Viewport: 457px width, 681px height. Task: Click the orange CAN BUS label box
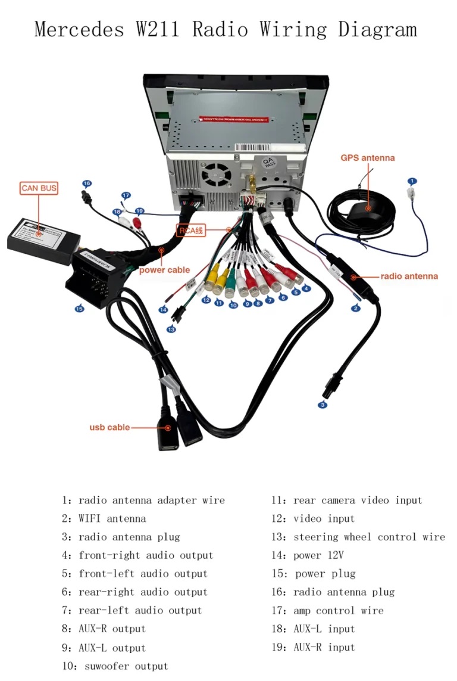point(39,188)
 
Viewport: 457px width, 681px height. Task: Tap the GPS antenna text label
point(367,158)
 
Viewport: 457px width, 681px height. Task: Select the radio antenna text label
point(409,276)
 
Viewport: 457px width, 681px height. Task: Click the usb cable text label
point(109,427)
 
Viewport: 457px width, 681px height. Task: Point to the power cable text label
point(164,270)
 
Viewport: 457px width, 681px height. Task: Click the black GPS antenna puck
point(367,209)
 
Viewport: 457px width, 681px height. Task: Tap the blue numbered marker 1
point(412,181)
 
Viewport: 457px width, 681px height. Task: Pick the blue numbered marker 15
point(79,309)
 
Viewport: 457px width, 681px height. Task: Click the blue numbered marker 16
point(87,184)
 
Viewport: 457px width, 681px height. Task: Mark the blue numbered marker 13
point(171,329)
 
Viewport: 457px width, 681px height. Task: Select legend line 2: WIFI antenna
point(104,518)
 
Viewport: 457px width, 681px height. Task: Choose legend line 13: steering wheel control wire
point(358,537)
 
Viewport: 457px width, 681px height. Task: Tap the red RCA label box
point(191,230)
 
